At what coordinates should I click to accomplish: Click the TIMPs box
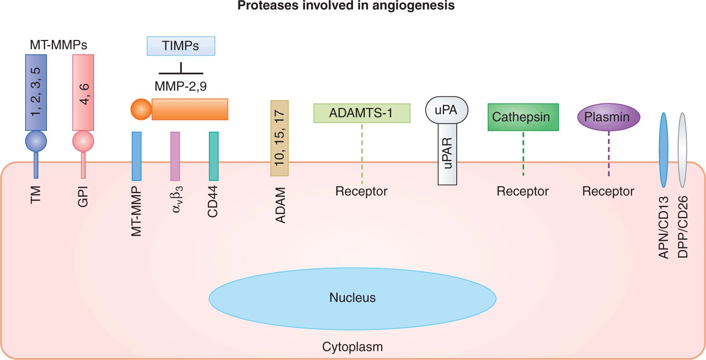click(x=181, y=46)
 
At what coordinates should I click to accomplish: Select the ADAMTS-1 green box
click(x=362, y=113)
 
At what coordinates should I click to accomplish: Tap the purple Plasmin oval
click(x=608, y=117)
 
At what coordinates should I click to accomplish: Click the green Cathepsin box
click(x=523, y=117)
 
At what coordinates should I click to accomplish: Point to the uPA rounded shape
click(x=447, y=110)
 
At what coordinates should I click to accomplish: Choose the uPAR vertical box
click(x=447, y=154)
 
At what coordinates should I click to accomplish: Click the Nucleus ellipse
click(x=352, y=298)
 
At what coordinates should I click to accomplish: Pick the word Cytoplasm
click(x=352, y=347)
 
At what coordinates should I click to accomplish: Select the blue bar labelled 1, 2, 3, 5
click(x=36, y=92)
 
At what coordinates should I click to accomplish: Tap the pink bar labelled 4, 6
click(x=83, y=92)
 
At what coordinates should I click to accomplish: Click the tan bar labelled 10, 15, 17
click(x=279, y=138)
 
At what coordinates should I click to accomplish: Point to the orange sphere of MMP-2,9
click(x=141, y=109)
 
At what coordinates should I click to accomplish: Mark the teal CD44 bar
click(x=214, y=156)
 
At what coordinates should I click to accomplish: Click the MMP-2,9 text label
click(x=180, y=86)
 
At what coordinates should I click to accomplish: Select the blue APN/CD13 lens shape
click(x=663, y=150)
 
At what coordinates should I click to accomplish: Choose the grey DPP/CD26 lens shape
click(x=682, y=150)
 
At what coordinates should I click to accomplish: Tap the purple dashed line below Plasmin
click(x=608, y=154)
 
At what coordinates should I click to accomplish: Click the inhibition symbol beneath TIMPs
click(x=181, y=70)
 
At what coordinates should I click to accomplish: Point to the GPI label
click(x=83, y=197)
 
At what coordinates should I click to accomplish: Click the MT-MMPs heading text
click(x=58, y=45)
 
